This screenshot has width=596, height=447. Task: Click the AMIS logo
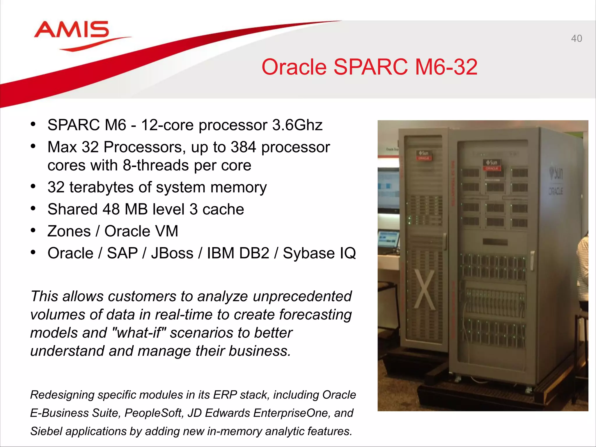click(x=72, y=30)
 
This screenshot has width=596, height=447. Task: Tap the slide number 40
click(x=576, y=38)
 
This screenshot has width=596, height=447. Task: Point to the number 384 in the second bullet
click(x=243, y=147)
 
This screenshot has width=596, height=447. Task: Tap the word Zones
click(x=69, y=231)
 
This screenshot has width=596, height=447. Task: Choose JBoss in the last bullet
click(x=172, y=253)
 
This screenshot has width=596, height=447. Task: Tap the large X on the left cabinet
click(x=424, y=290)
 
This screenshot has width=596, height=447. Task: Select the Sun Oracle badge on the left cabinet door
click(x=424, y=155)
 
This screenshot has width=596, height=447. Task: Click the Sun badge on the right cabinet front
click(x=492, y=165)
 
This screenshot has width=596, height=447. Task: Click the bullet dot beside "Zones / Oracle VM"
click(x=33, y=231)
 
